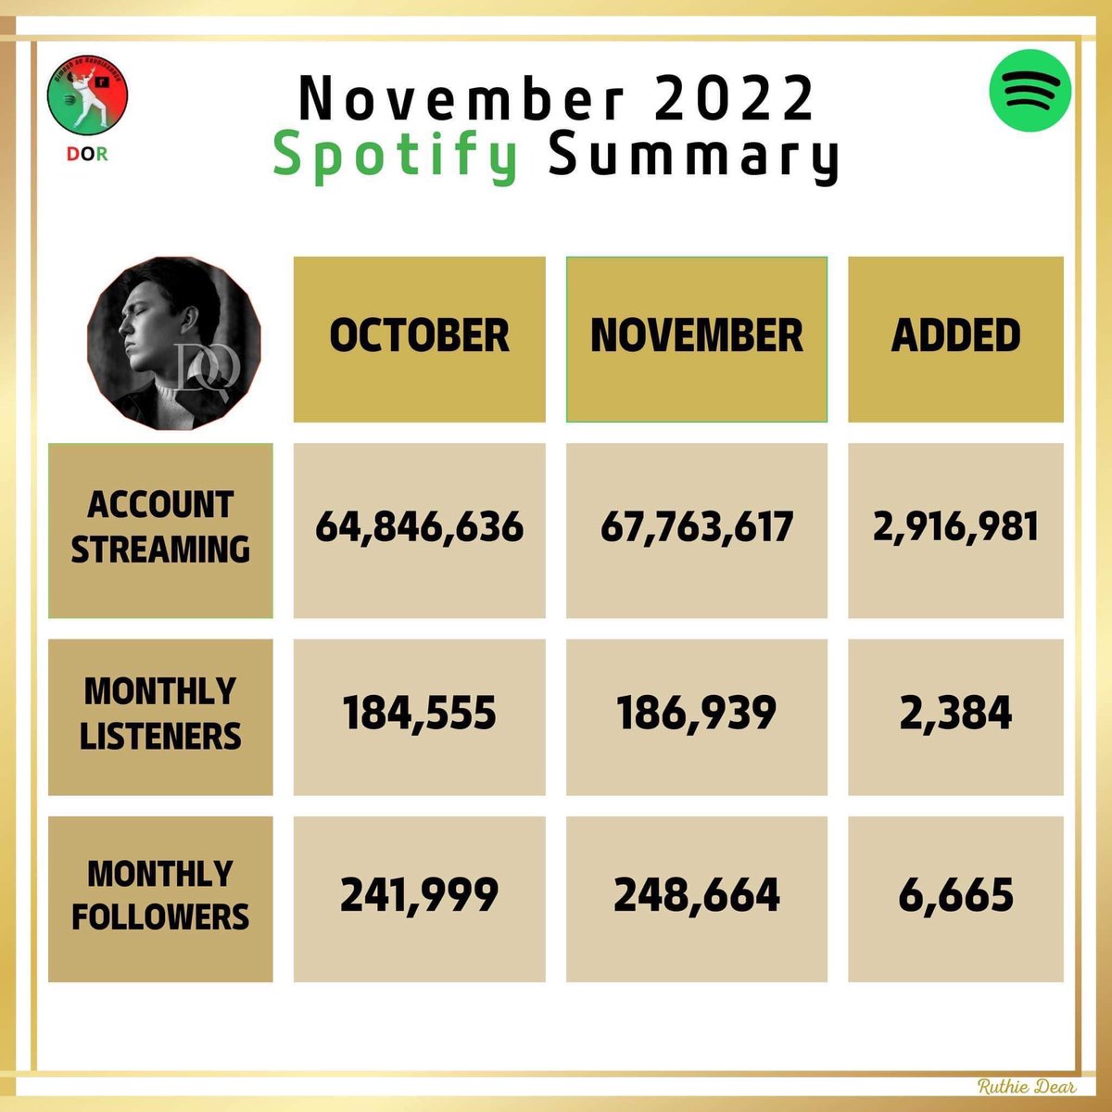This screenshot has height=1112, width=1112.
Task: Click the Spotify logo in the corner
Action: click(1030, 91)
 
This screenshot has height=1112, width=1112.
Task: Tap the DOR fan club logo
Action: click(87, 104)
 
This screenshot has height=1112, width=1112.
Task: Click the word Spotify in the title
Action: click(396, 156)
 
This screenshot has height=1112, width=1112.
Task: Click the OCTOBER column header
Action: click(419, 335)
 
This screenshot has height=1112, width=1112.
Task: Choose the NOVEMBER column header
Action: click(696, 335)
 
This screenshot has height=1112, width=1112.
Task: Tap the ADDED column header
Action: click(955, 335)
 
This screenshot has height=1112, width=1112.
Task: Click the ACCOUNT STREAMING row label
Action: click(160, 527)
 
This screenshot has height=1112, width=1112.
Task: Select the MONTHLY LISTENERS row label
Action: click(160, 714)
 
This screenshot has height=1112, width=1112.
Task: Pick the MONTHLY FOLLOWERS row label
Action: click(160, 895)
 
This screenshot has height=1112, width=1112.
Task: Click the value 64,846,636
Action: click(419, 527)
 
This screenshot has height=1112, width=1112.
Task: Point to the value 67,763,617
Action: click(696, 527)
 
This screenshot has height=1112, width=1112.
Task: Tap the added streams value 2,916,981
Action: click(955, 526)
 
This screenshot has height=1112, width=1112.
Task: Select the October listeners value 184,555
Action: click(419, 714)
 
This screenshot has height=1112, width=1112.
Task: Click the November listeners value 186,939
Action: click(696, 714)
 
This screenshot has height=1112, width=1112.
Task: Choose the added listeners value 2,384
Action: click(955, 714)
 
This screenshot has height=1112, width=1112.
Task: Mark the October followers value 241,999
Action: click(419, 895)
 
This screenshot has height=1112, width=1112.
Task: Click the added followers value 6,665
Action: click(955, 895)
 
